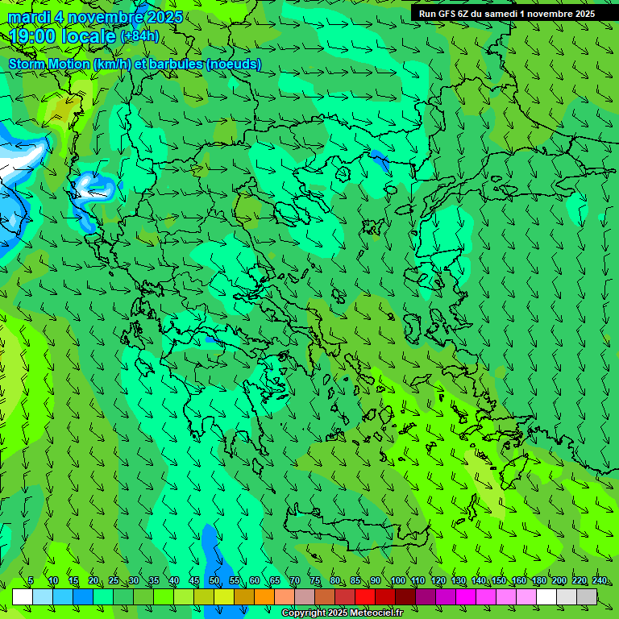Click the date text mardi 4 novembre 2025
[95, 18]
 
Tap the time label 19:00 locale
[62, 35]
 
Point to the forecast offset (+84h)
[139, 36]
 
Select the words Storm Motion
[49, 64]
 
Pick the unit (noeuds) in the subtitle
[234, 64]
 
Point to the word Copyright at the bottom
[305, 613]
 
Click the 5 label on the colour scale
[31, 581]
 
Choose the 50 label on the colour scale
[214, 581]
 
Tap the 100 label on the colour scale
[398, 581]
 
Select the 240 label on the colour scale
[600, 581]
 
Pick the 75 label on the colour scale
[315, 581]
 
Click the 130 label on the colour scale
[459, 581]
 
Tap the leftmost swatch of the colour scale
[23, 597]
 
